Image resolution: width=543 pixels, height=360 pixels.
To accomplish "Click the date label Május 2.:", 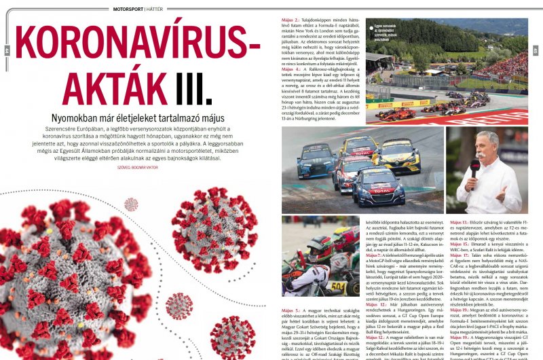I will (x=290, y=22).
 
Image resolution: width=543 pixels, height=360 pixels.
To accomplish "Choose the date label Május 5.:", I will (x=290, y=310).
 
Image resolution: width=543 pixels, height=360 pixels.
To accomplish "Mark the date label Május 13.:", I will (x=458, y=223).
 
